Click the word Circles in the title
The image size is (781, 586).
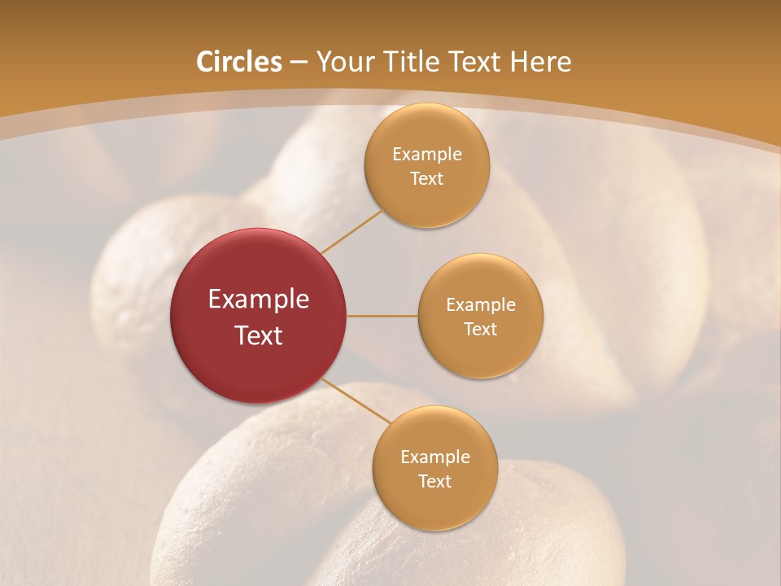coord(239,62)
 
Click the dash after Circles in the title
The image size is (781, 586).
coord(298,63)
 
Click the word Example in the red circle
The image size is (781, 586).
coord(259,300)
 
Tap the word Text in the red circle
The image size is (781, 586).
coord(259,335)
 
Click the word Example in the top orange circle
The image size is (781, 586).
coord(426,155)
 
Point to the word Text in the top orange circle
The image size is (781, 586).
coord(426,179)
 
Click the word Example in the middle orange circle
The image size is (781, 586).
coord(480,305)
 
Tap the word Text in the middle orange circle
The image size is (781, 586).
coord(480,330)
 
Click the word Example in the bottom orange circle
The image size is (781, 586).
coord(434,457)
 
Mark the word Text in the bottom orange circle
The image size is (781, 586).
coord(434,482)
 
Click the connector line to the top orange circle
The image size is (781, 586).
coord(351,232)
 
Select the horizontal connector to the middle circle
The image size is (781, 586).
coord(382,316)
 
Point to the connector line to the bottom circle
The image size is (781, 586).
coord(356,401)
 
